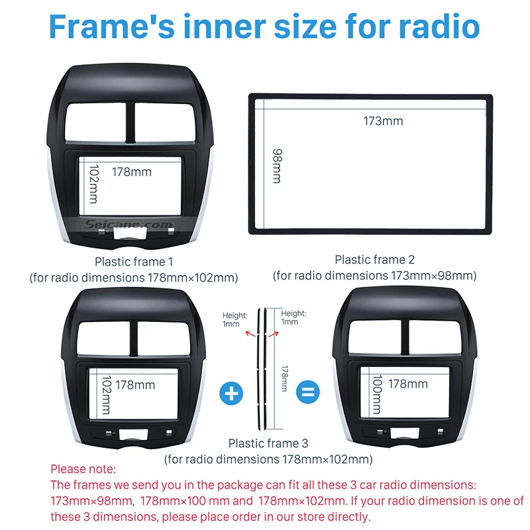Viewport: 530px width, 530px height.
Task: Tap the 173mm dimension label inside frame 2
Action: [x=383, y=121]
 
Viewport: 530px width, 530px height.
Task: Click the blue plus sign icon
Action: [x=231, y=393]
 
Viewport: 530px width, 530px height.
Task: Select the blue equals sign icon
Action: [x=306, y=393]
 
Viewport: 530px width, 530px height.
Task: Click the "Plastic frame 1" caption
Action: [x=134, y=262]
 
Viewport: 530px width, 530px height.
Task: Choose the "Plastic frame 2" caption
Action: [x=374, y=260]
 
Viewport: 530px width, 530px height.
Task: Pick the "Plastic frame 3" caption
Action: [x=268, y=443]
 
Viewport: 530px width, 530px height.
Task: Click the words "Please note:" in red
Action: [x=83, y=469]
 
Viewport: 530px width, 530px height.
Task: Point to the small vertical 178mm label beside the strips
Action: [x=284, y=378]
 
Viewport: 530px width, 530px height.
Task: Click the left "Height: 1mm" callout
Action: [x=235, y=319]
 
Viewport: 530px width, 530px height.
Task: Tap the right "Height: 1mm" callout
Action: [x=293, y=317]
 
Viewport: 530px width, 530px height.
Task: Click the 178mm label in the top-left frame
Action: [x=131, y=172]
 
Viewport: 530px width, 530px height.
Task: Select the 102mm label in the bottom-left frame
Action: [x=105, y=396]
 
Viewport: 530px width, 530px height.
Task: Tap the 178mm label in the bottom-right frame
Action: [x=408, y=384]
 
